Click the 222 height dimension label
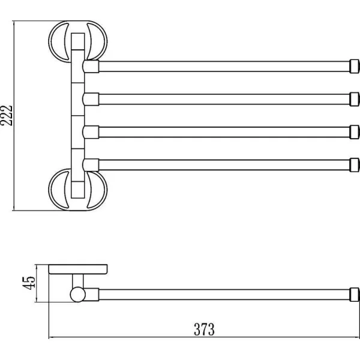[6, 115]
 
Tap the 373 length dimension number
[204, 329]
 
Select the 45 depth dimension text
[29, 283]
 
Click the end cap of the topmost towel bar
[354, 67]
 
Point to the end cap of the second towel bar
[354, 99]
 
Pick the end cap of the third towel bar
[354, 132]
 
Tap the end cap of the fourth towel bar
[354, 165]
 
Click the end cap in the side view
[354, 295]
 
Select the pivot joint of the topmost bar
[91, 67]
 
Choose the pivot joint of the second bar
[91, 99]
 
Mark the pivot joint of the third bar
[91, 132]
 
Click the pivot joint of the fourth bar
[91, 165]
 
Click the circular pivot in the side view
[78, 295]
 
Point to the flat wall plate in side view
[78, 269]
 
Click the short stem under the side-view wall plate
[78, 281]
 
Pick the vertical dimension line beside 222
[14, 116]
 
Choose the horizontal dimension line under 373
[204, 337]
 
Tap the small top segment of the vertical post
[78, 41]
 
